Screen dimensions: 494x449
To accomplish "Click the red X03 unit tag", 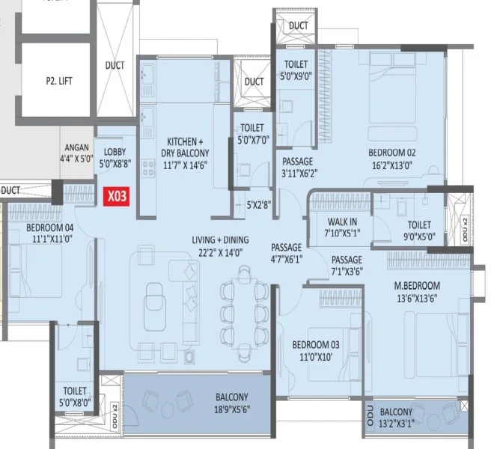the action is click(116, 197).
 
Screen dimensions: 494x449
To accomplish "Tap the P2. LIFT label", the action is click(59, 81).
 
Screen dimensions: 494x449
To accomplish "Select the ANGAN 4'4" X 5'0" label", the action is click(76, 153).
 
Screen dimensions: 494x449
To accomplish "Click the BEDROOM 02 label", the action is click(392, 153).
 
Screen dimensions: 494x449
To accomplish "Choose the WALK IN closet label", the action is click(342, 222).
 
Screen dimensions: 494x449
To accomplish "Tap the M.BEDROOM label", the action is click(417, 286).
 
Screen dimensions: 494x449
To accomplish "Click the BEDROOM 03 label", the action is click(316, 345).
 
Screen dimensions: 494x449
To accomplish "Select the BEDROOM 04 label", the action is click(50, 227).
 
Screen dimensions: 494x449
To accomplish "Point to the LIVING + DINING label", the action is click(220, 240).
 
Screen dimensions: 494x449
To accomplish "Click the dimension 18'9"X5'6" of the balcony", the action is click(232, 409).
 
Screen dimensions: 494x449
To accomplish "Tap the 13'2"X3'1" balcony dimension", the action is click(397, 423).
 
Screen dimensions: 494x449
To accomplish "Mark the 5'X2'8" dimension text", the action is click(258, 205).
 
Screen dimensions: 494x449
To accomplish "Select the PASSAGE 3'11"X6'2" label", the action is click(298, 168).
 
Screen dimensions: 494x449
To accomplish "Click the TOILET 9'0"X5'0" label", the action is click(419, 230).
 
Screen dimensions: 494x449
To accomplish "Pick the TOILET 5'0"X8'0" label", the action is click(75, 397).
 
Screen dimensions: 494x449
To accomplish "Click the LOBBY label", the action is click(115, 152).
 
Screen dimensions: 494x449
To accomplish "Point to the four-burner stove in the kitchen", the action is click(148, 168).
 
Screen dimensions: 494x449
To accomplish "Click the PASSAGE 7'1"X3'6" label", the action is click(347, 266).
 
